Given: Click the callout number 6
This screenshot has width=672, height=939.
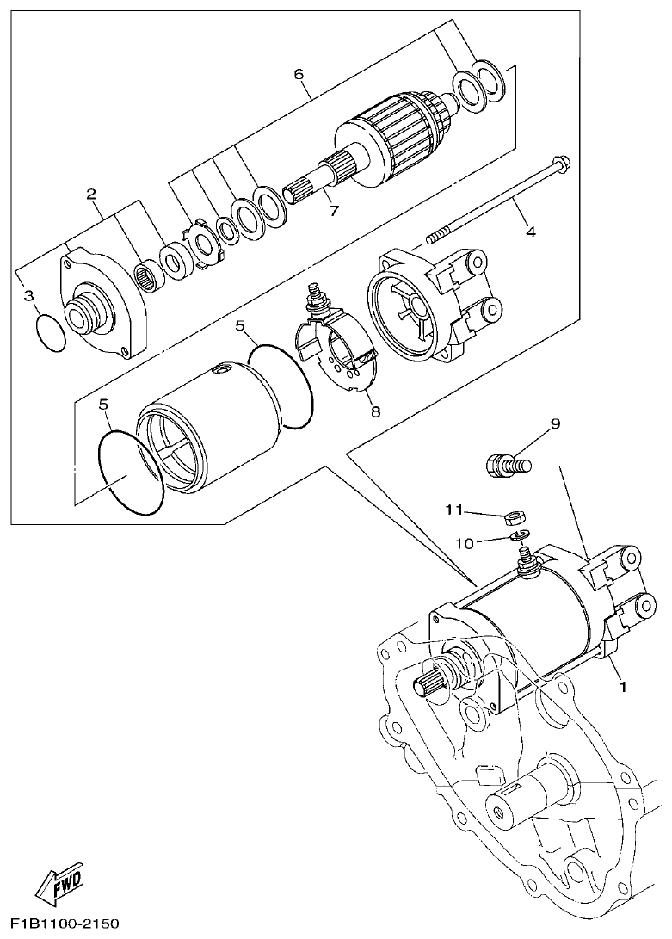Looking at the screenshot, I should point(299,74).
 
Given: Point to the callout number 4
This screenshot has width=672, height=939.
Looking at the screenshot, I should point(531,232).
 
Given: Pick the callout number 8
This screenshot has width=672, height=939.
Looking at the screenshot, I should point(375,411).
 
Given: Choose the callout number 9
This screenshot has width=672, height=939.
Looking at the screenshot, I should point(555,423).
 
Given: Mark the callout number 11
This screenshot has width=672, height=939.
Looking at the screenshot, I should point(453,510).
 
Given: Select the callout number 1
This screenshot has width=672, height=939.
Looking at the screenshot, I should point(621,688).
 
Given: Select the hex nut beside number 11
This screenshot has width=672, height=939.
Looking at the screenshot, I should point(516,517).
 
